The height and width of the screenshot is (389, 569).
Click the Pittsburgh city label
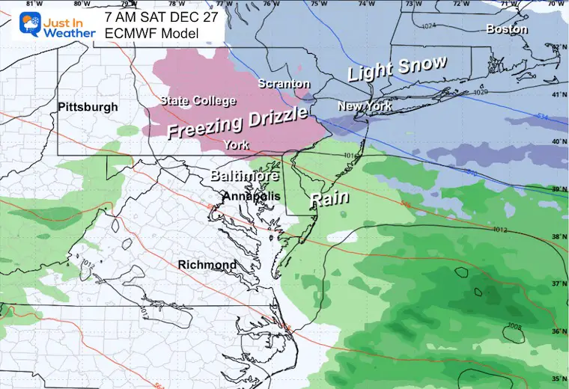pos(88,107)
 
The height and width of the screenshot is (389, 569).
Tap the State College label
pos(198,101)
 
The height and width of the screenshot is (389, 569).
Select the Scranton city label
pos(284,84)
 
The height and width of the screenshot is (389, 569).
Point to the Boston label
pos(507,29)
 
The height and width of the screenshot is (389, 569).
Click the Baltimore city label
pos(244,177)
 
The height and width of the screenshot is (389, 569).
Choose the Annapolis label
pos(251,196)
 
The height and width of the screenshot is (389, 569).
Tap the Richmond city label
pos(207,265)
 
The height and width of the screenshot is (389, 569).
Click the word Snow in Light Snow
pos(422,67)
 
